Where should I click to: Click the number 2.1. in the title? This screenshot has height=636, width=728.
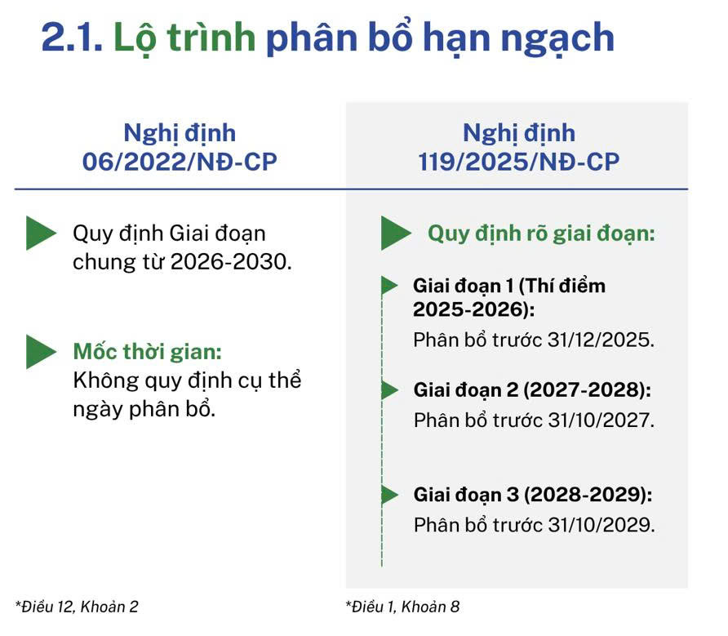pyautogui.click(x=72, y=38)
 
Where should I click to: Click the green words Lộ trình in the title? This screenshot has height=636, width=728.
pyautogui.click(x=184, y=38)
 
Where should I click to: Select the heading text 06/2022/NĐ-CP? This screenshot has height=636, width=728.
pyautogui.click(x=180, y=162)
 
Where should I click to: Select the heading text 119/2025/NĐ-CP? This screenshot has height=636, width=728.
pyautogui.click(x=518, y=162)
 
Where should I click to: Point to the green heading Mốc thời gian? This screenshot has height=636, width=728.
pyautogui.click(x=148, y=351)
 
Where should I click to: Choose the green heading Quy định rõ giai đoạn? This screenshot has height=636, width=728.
pyautogui.click(x=541, y=233)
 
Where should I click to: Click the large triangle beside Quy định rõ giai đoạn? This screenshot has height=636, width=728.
pyautogui.click(x=396, y=233)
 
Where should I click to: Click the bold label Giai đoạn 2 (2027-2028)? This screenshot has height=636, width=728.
pyautogui.click(x=532, y=390)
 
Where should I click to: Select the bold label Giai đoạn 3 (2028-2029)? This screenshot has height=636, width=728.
pyautogui.click(x=533, y=495)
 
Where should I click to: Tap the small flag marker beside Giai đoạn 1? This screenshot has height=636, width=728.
pyautogui.click(x=389, y=285)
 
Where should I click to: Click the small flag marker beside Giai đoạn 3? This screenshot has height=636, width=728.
pyautogui.click(x=389, y=495)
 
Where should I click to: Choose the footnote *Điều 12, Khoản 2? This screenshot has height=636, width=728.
pyautogui.click(x=77, y=607)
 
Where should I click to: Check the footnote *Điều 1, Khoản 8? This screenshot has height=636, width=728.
pyautogui.click(x=402, y=607)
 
